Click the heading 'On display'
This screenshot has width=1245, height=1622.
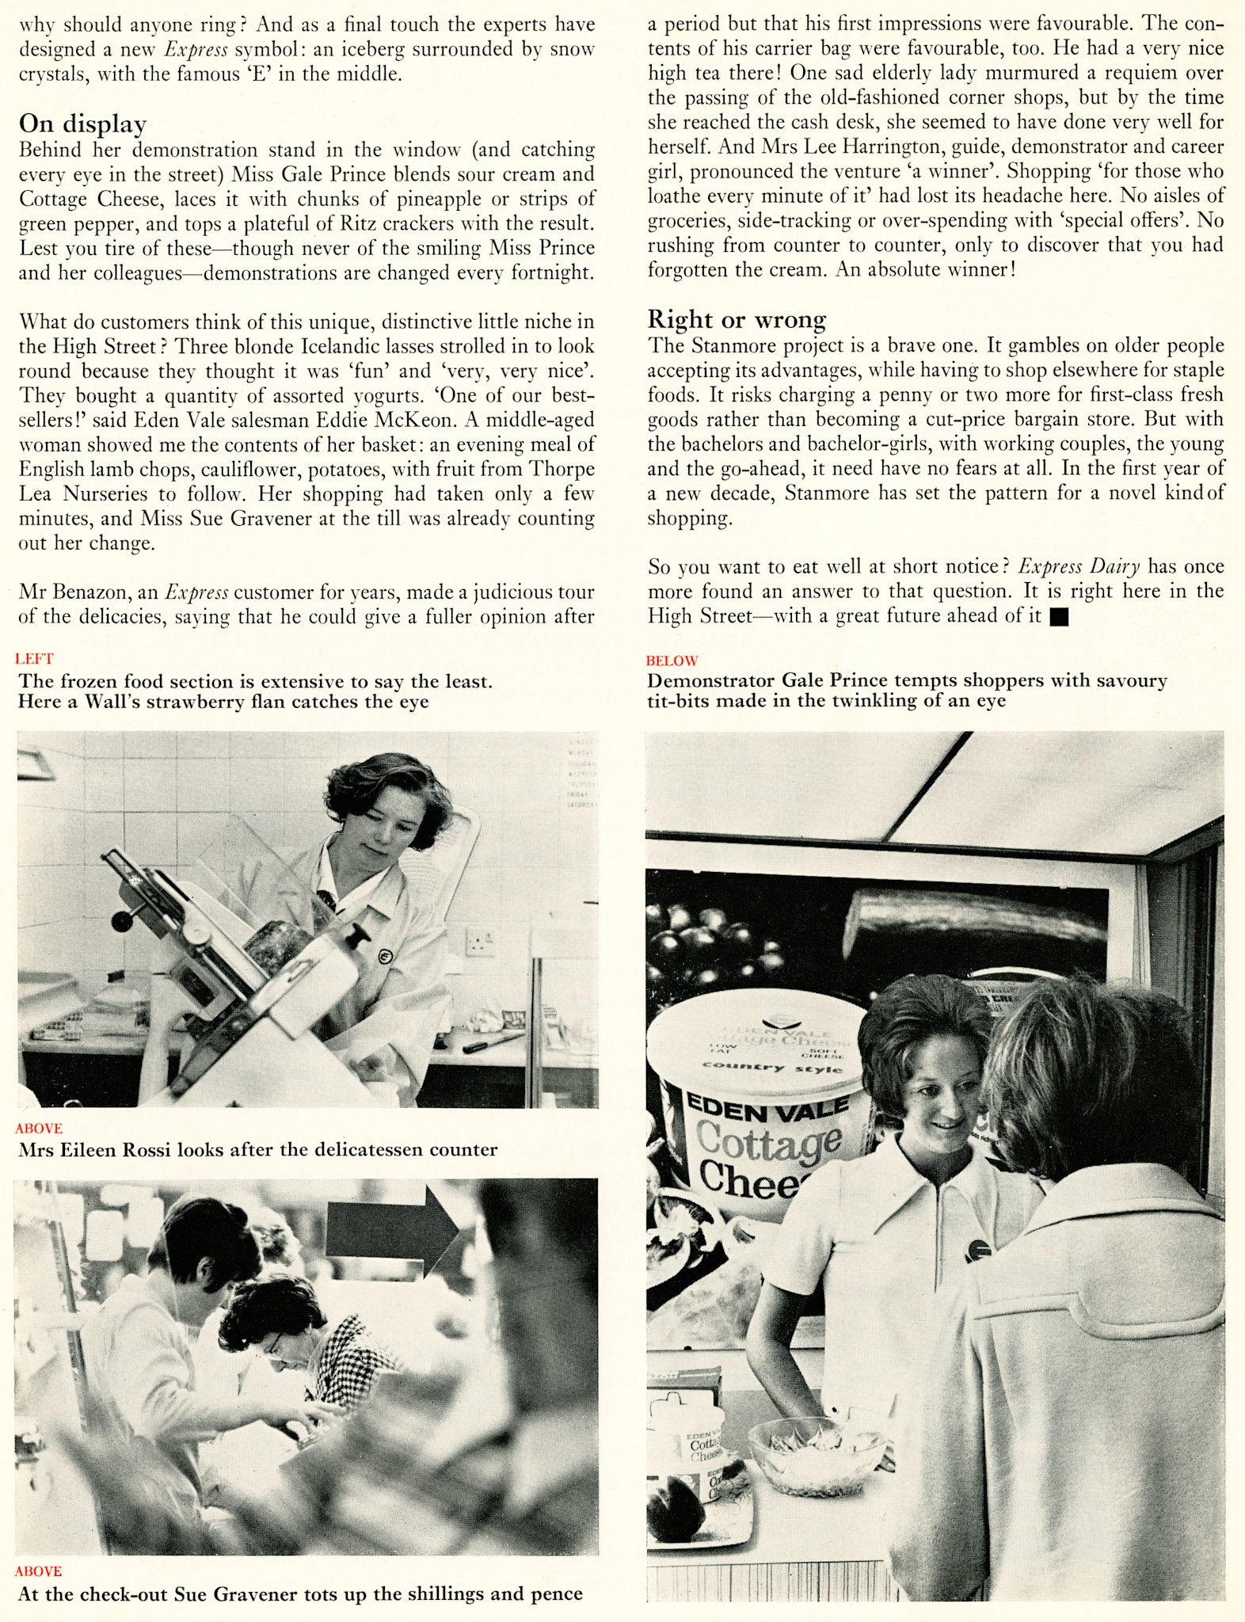pyautogui.click(x=82, y=124)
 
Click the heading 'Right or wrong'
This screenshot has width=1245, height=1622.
pyautogui.click(x=737, y=319)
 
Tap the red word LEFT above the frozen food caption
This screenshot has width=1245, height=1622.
pyautogui.click(x=34, y=658)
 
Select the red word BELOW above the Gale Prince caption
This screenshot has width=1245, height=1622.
pyautogui.click(x=672, y=661)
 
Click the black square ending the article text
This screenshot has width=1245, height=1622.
pyautogui.click(x=1058, y=618)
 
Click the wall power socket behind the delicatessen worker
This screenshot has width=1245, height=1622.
pyautogui.click(x=480, y=941)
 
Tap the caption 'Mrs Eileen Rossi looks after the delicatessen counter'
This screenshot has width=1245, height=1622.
pyautogui.click(x=257, y=1150)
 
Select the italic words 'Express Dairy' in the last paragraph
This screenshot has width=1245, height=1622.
pyautogui.click(x=1079, y=567)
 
